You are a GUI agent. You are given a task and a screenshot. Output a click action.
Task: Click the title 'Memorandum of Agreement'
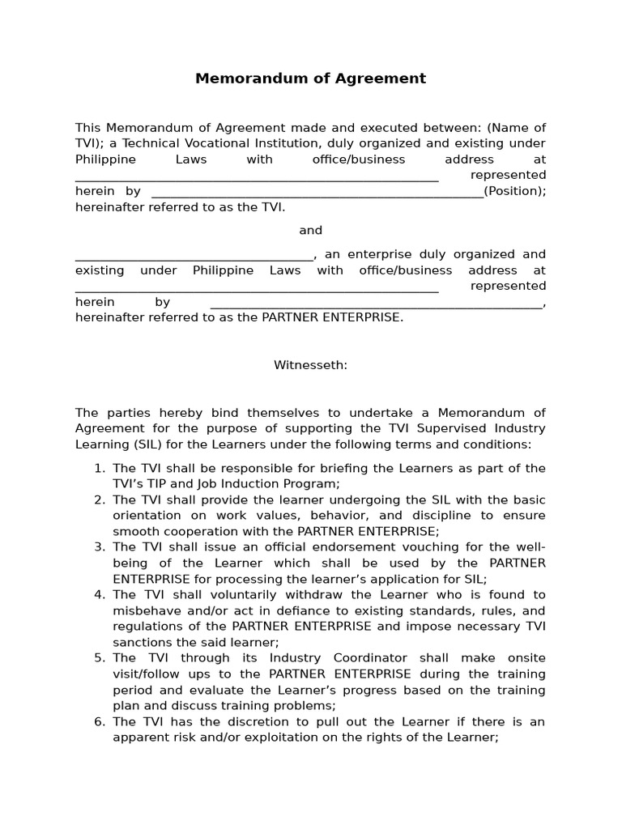pos(310,79)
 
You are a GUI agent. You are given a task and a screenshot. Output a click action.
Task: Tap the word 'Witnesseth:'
pos(310,365)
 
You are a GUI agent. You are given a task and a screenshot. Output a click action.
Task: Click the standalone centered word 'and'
pos(310,231)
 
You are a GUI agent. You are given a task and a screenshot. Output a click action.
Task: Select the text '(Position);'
pos(515,191)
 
